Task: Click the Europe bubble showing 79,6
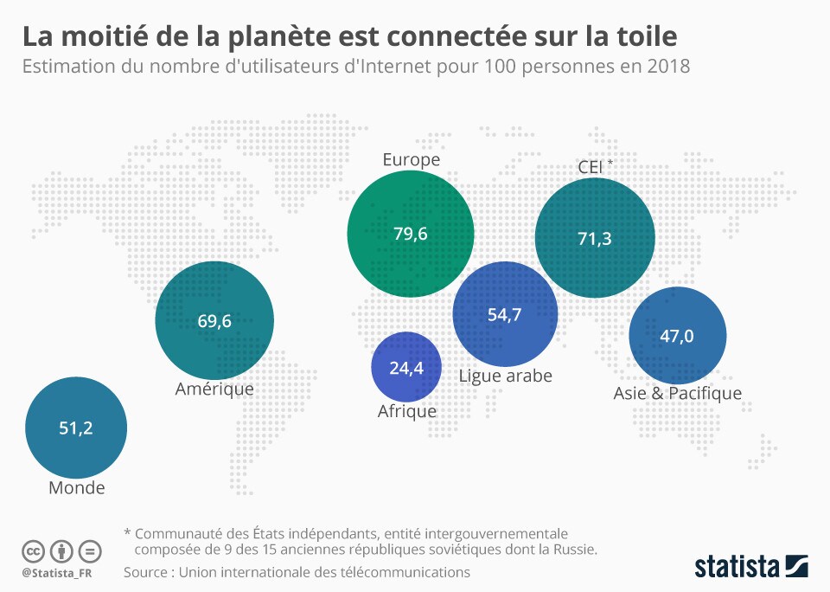click(x=410, y=234)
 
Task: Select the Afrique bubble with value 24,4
click(x=406, y=367)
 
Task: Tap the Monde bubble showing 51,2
click(x=76, y=428)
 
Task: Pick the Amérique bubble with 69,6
click(x=214, y=320)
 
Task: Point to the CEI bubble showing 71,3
click(x=595, y=238)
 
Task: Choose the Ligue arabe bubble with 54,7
click(x=506, y=314)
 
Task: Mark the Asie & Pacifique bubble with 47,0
click(x=678, y=336)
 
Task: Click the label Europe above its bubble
click(x=412, y=159)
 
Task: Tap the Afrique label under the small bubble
click(x=407, y=411)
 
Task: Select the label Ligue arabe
click(x=506, y=376)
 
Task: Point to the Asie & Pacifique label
click(x=678, y=393)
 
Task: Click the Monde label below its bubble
click(x=77, y=487)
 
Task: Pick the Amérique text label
click(x=214, y=389)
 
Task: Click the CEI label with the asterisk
click(x=596, y=166)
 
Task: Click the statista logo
click(x=751, y=565)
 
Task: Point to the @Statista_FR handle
click(x=57, y=573)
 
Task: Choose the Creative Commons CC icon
click(x=33, y=551)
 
